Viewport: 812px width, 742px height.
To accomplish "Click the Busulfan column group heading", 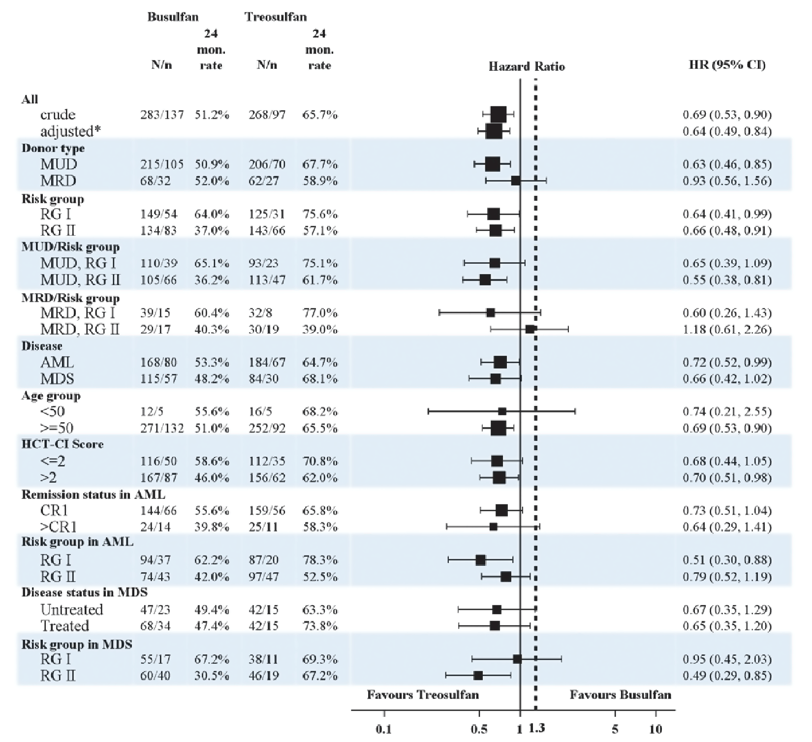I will (x=173, y=17).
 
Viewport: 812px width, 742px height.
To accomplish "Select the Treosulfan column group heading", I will (x=276, y=17).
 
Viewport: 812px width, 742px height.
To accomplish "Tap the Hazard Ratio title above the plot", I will (x=527, y=66).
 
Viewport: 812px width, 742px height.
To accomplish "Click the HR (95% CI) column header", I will (x=727, y=65).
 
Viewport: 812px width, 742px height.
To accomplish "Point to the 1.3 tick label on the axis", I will (x=537, y=728).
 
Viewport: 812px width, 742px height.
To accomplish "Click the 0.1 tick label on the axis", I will (x=384, y=729).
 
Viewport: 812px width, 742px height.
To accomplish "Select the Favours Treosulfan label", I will (x=423, y=695).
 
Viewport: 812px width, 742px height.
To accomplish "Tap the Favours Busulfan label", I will (x=621, y=695).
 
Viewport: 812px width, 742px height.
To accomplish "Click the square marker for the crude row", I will (x=499, y=115).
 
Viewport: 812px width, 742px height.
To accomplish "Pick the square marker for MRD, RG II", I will (x=530, y=329).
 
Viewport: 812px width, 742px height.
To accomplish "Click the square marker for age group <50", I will (x=502, y=411).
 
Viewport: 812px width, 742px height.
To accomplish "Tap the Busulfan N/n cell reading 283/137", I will (x=162, y=115).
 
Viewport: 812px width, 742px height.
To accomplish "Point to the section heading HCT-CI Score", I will (x=62, y=444).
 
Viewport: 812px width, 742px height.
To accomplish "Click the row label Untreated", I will (x=72, y=610).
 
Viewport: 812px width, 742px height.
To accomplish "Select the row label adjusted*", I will (x=67, y=131).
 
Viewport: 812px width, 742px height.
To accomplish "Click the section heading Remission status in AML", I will (x=94, y=495).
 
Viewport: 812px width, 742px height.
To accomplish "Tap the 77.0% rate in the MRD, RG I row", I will (x=320, y=313).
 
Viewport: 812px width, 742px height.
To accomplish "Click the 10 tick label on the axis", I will (x=656, y=729).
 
